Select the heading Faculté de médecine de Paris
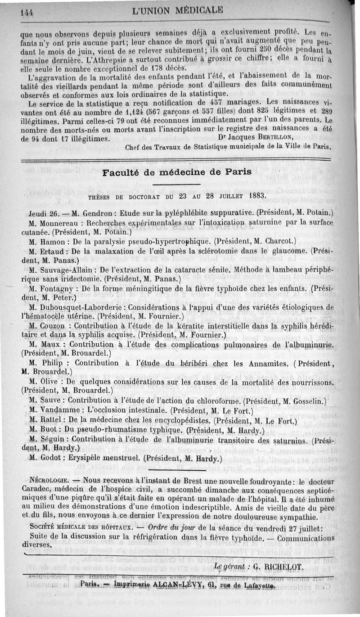click(174, 173)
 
